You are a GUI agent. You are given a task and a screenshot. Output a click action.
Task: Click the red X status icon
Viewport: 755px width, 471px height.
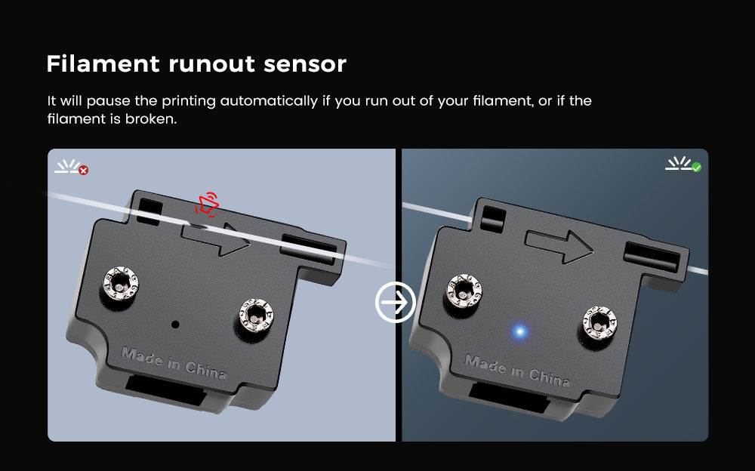point(83,171)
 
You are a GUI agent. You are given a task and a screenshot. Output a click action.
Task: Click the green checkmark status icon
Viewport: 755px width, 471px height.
point(696,167)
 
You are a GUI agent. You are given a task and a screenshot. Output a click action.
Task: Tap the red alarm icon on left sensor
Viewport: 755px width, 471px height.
point(206,205)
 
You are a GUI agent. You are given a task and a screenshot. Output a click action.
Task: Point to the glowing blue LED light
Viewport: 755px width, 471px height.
point(519,331)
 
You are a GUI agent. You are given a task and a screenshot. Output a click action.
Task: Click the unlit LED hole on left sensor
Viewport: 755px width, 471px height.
point(175,324)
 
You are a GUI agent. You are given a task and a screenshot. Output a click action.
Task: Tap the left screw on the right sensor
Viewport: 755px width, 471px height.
point(463,289)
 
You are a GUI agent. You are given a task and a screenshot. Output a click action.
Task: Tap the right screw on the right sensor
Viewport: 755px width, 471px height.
point(596,321)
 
